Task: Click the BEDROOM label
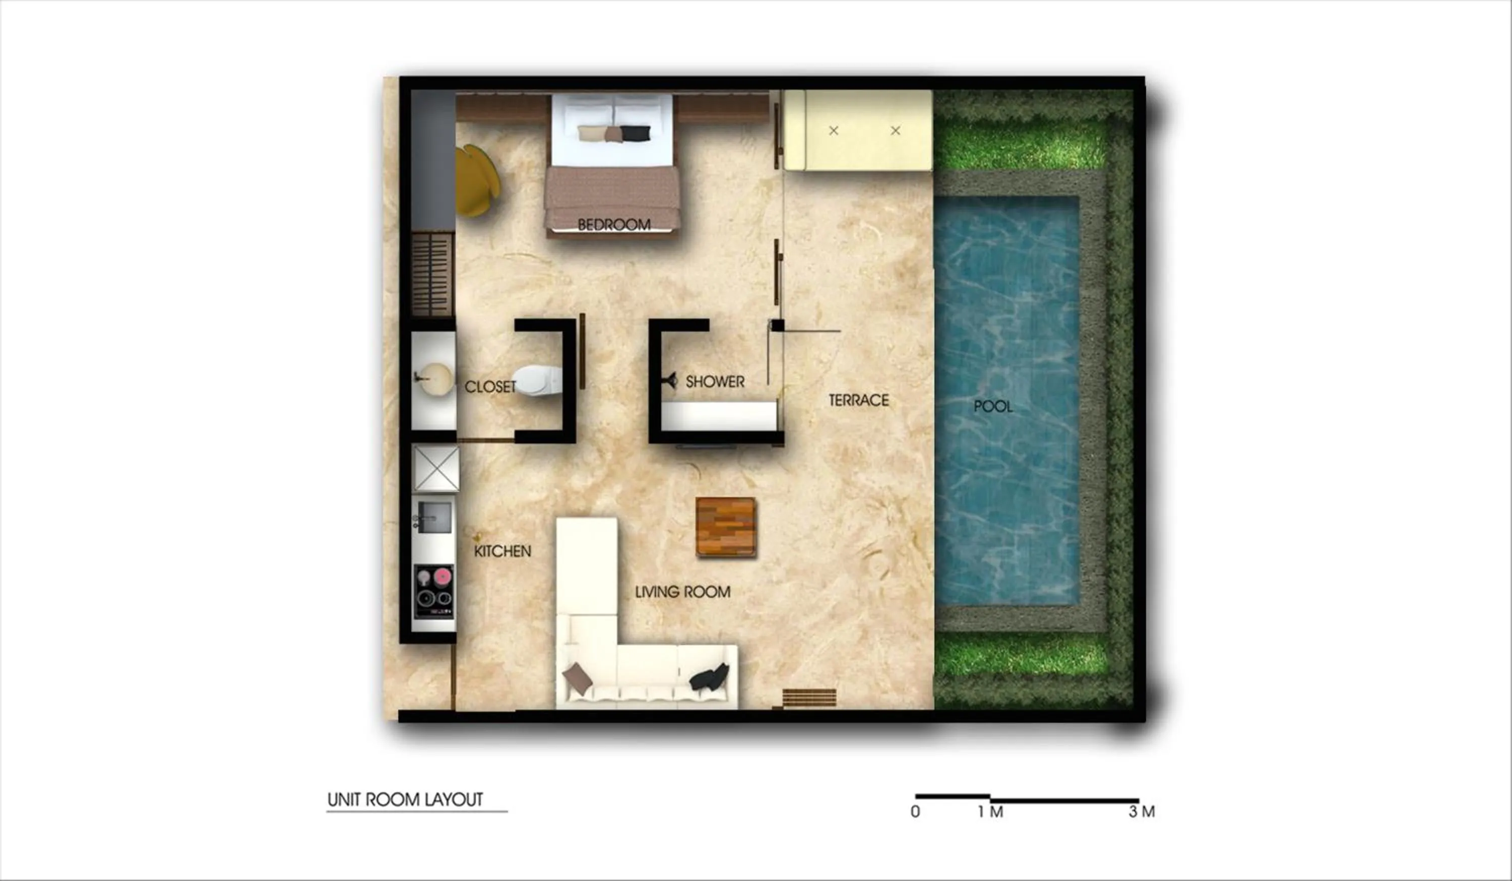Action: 614,224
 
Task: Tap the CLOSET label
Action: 490,387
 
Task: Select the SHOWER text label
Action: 715,381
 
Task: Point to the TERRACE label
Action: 859,400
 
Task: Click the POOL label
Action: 993,406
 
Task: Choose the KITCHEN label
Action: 502,551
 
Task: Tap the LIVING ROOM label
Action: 683,592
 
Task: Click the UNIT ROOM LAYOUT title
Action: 405,799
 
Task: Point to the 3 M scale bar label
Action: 1141,811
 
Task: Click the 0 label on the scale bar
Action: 915,811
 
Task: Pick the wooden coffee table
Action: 725,527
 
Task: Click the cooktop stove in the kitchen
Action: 434,591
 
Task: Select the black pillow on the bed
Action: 636,133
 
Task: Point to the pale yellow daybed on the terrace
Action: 858,130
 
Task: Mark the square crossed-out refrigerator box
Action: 436,469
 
